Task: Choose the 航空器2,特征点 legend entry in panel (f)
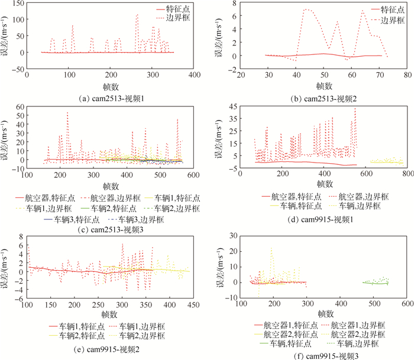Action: click(x=277, y=333)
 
